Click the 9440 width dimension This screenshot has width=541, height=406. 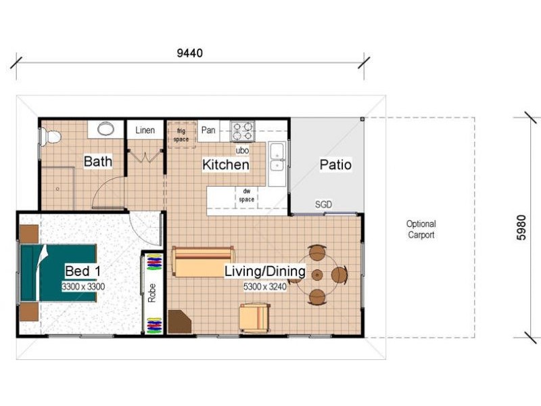(x=190, y=53)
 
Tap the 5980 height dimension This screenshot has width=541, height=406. (x=521, y=227)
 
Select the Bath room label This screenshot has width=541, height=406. (x=98, y=161)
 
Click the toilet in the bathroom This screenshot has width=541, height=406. (x=51, y=137)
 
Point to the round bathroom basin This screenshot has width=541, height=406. (x=106, y=129)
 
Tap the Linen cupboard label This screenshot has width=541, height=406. (x=145, y=130)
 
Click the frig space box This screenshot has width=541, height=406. (x=181, y=135)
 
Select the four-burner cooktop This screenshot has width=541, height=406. (x=243, y=131)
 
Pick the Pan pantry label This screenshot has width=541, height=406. (x=208, y=130)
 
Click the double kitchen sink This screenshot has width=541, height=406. (x=277, y=160)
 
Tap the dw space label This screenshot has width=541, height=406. (x=246, y=196)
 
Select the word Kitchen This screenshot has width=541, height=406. (x=226, y=164)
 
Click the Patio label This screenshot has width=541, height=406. (x=335, y=164)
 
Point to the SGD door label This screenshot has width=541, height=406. (x=323, y=204)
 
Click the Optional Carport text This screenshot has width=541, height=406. (x=421, y=229)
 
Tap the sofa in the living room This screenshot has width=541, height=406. (x=204, y=261)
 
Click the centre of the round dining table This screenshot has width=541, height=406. (x=317, y=275)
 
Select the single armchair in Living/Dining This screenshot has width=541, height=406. (x=255, y=317)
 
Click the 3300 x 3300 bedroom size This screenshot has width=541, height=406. (x=83, y=286)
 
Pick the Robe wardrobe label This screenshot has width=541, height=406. (x=151, y=293)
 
